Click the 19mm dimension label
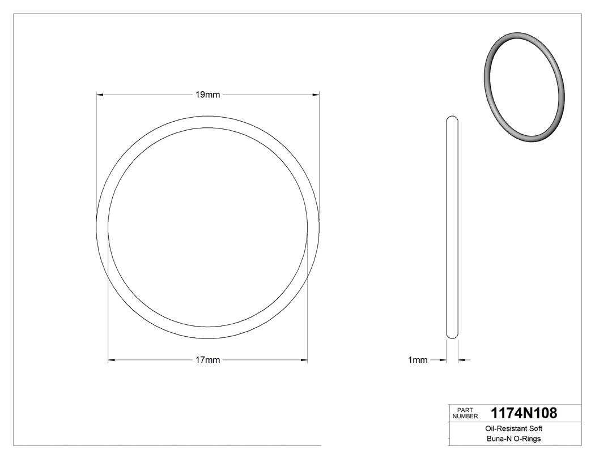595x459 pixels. pos(207,95)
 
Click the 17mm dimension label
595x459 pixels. pos(207,360)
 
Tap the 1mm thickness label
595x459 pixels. pos(418,360)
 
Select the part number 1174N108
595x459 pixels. pos(524,413)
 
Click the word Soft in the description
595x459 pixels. pos(535,429)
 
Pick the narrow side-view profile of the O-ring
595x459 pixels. pos(452,226)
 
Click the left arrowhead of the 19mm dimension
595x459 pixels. pos(100,95)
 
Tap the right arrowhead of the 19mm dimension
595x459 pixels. pos(316,95)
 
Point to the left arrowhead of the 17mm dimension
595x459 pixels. pos(112,360)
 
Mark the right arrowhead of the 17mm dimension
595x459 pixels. pos(304,360)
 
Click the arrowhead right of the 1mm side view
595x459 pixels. pos(461,360)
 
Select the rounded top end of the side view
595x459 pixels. pos(452,119)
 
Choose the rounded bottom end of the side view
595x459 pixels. pos(452,336)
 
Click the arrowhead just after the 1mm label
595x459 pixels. pos(442,360)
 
